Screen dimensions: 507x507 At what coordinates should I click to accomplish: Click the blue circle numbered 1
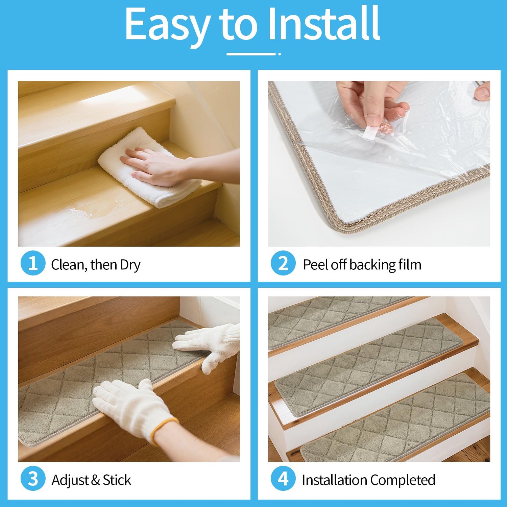click(33, 263)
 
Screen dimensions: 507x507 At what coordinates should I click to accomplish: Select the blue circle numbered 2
click(283, 263)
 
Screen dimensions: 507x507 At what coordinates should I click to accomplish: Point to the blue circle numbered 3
click(33, 479)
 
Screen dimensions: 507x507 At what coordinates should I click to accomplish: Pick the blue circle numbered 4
click(283, 479)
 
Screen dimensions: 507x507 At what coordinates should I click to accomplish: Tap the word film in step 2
click(410, 264)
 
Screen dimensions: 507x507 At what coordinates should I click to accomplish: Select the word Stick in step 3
click(117, 480)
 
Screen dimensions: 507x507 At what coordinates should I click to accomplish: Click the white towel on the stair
click(149, 167)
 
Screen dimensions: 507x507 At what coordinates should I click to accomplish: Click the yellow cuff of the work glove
click(164, 429)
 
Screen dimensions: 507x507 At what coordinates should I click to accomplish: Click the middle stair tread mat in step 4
click(368, 367)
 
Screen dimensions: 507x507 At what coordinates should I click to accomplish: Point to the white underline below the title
click(251, 54)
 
